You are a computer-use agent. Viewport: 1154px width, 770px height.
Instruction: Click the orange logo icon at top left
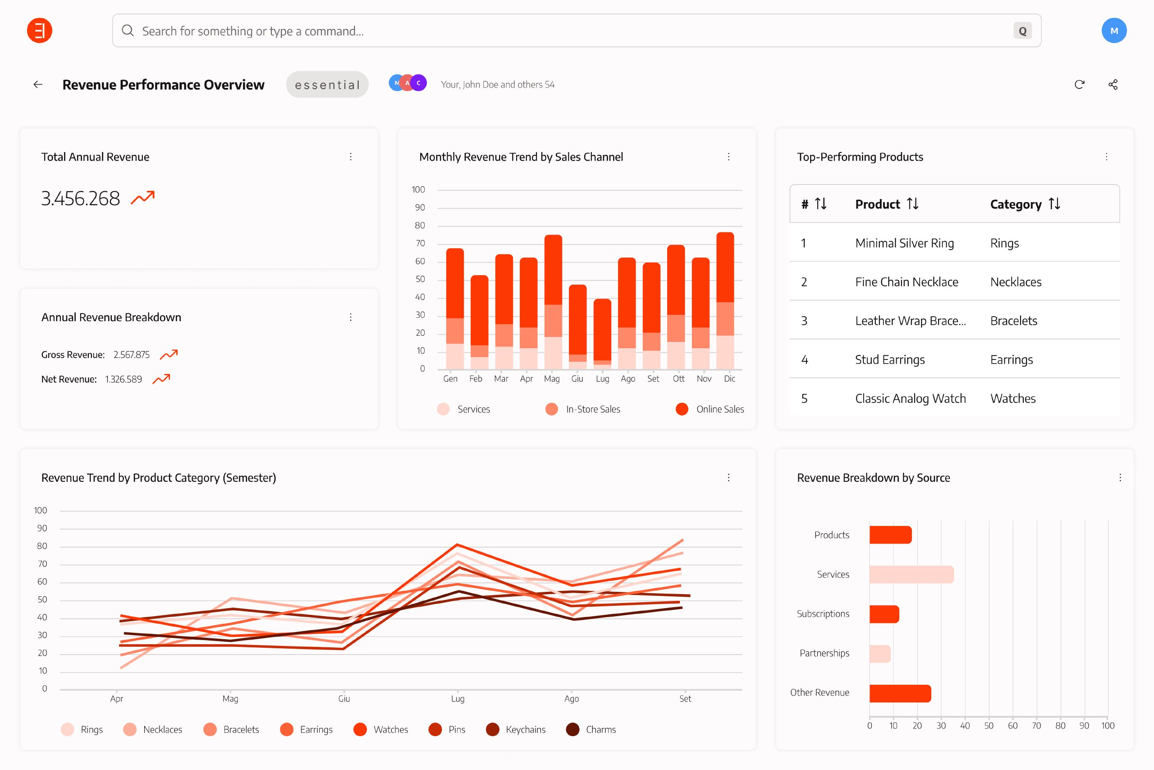(39, 30)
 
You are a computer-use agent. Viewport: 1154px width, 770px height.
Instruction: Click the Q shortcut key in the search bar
(1022, 31)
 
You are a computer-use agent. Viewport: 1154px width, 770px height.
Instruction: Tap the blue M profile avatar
(1113, 30)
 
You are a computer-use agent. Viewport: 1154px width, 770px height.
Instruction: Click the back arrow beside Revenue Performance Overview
(38, 84)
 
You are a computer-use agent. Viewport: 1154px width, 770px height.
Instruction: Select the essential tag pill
(327, 84)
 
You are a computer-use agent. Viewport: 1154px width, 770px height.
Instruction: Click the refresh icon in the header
(1079, 84)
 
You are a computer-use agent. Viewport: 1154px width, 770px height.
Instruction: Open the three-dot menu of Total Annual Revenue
(350, 157)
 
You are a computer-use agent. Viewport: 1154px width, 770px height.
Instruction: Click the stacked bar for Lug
(602, 334)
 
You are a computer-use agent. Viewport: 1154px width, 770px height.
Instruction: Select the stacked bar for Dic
(725, 300)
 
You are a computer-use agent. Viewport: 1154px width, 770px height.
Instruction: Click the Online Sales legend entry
(709, 409)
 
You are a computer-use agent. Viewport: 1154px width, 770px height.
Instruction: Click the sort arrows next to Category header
(1054, 203)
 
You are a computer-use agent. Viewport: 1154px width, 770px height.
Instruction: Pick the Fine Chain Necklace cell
(906, 282)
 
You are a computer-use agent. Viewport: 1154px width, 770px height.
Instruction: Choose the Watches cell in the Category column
(1013, 398)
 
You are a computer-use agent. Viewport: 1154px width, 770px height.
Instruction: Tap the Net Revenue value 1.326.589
(123, 379)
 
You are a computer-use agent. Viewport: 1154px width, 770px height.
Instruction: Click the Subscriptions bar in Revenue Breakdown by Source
(884, 614)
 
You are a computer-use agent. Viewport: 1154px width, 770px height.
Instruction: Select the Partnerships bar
(879, 654)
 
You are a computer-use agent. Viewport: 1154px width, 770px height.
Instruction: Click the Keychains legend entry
(516, 729)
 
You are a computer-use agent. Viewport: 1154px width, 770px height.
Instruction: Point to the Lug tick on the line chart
(457, 698)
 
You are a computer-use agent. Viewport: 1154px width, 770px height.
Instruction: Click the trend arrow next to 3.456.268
(143, 198)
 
